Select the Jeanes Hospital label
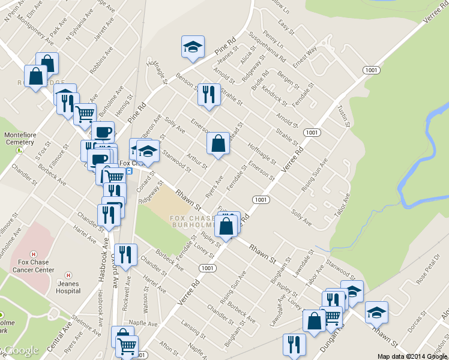[x=68, y=287]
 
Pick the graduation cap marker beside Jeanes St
[x=193, y=47]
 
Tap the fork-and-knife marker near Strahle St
[x=208, y=95]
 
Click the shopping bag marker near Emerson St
[x=218, y=144]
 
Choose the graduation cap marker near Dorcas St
[x=376, y=313]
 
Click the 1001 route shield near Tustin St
[x=370, y=70]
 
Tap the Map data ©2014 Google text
[x=412, y=356]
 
